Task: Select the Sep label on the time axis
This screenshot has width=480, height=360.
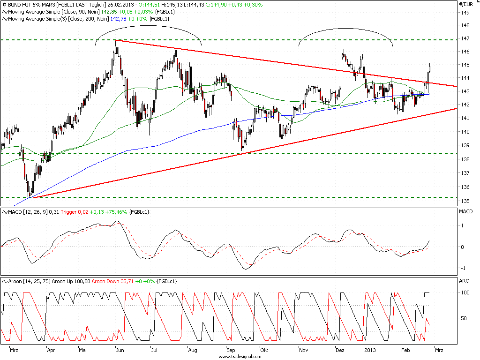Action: click(x=230, y=350)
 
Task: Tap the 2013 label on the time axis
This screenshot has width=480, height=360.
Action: click(x=370, y=350)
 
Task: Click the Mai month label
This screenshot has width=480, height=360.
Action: click(x=83, y=350)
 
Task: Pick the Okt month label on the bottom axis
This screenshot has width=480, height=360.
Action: click(x=264, y=350)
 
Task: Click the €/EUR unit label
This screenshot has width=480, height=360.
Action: click(x=465, y=4)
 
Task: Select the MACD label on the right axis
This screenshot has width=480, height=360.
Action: click(x=467, y=212)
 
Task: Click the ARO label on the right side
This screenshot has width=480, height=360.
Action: click(x=465, y=281)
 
